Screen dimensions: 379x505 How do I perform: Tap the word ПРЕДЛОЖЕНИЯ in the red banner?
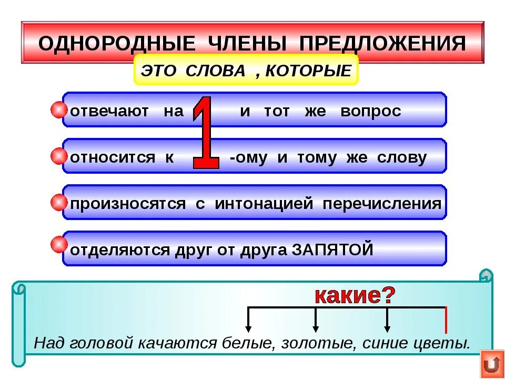pos(382,44)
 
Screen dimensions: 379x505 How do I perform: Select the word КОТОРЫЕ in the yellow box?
pos(308,71)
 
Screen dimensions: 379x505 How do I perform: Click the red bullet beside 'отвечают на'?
pos(59,111)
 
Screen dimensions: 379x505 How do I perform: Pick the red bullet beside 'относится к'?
pos(59,156)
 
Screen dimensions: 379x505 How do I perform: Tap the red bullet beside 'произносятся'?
pos(59,203)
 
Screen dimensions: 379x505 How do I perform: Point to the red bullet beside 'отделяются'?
pos(59,244)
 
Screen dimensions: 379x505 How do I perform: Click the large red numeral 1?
pos(206,133)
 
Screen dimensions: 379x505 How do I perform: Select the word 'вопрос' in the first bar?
pos(370,112)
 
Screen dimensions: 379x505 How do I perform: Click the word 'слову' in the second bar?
pos(402,157)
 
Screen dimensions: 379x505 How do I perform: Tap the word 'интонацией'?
pos(264,204)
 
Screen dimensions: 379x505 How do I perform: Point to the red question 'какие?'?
pos(355,296)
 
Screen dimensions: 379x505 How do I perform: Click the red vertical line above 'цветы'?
pos(446,320)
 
